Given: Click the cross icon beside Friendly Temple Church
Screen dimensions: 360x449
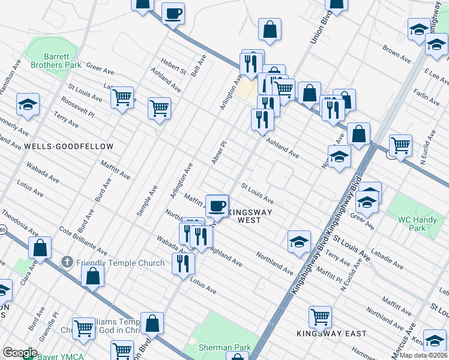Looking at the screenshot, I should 67,263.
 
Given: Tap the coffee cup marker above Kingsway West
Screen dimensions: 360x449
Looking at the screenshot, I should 217,205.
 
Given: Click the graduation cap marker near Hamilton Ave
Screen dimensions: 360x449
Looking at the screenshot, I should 28,104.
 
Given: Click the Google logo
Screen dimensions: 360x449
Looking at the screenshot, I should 19,353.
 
